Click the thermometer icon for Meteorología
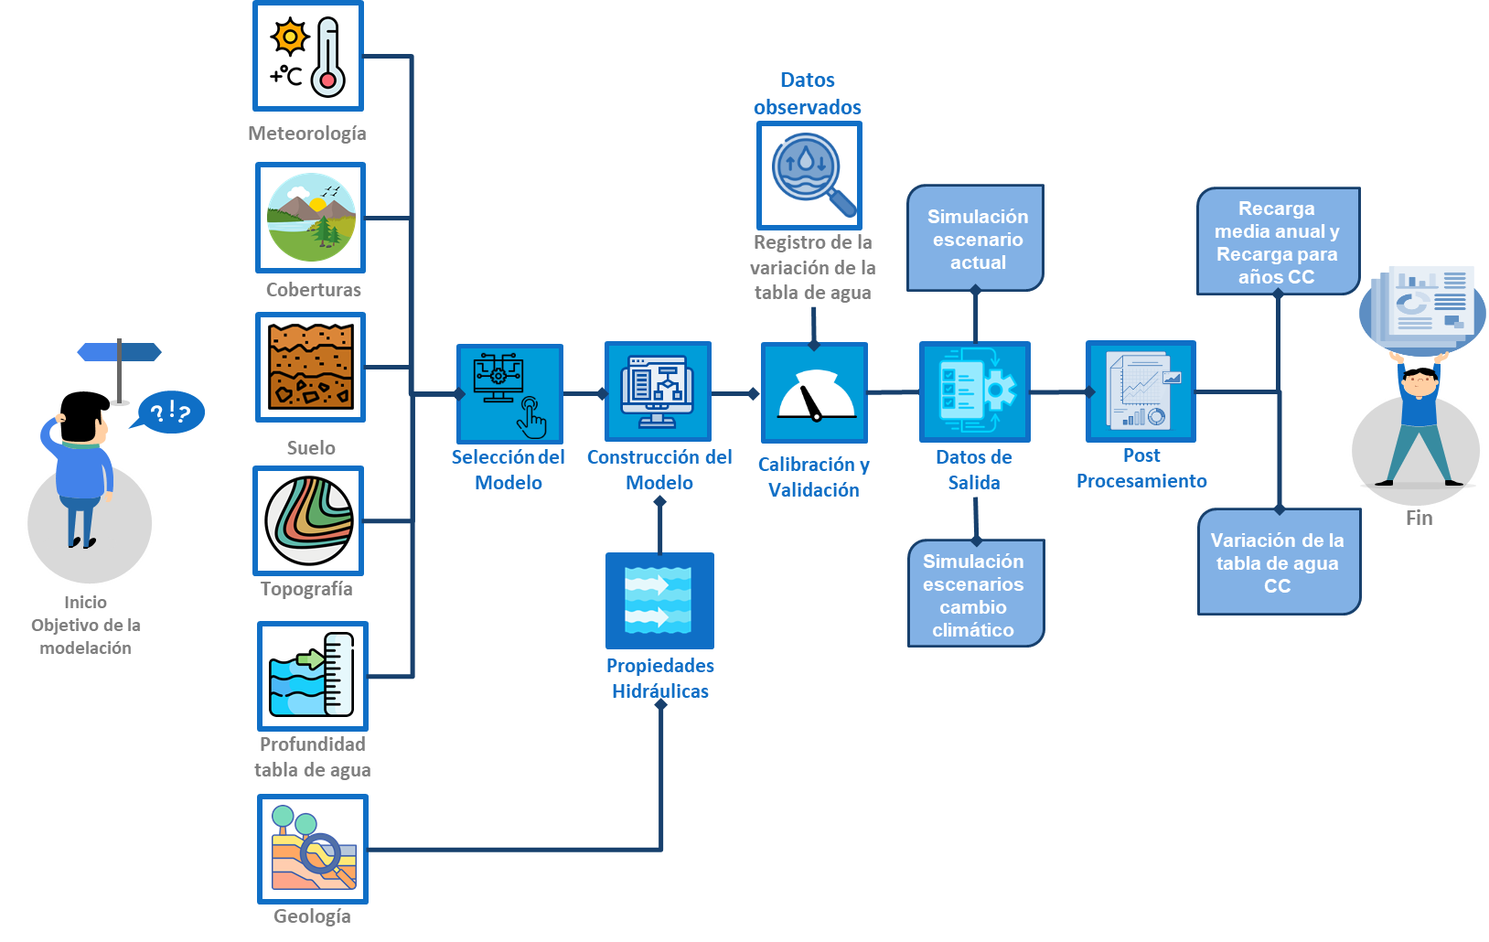click(x=308, y=57)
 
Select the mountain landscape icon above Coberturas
click(x=311, y=218)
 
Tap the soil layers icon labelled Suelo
click(x=311, y=367)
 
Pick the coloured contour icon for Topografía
click(x=309, y=520)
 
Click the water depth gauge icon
click(x=312, y=676)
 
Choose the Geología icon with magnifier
click(x=313, y=849)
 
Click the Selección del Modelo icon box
click(x=509, y=394)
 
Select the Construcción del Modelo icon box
click(x=658, y=391)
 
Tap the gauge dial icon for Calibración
click(x=814, y=393)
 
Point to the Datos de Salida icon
click(x=975, y=391)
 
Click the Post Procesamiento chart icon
click(x=1141, y=391)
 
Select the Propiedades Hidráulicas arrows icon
click(x=659, y=601)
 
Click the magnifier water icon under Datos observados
click(x=809, y=176)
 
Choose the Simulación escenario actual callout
click(x=976, y=239)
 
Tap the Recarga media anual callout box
click(x=1278, y=242)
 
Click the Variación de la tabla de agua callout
click(x=1279, y=562)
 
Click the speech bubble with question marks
click(x=169, y=412)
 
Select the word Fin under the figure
click(x=1419, y=519)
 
